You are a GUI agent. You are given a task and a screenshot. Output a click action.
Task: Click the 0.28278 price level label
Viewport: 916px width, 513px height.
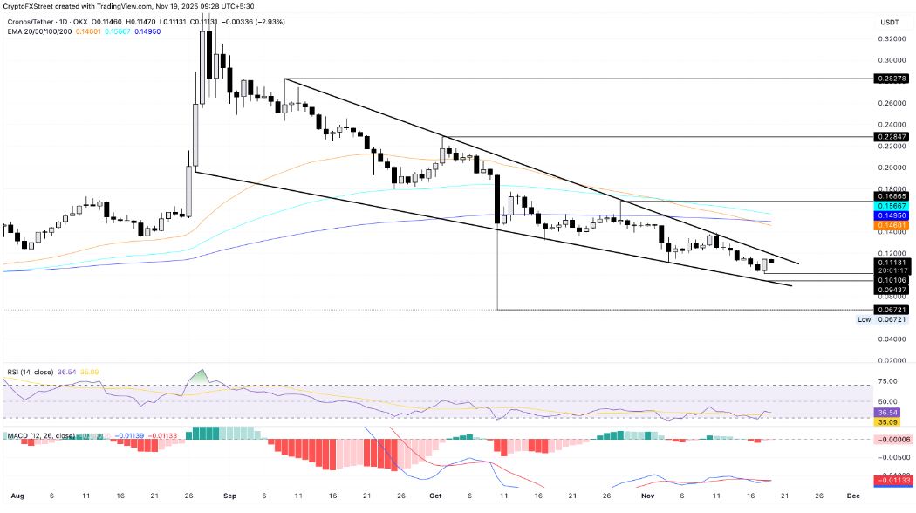891,79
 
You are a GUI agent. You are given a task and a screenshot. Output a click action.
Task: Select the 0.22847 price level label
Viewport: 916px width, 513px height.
891,137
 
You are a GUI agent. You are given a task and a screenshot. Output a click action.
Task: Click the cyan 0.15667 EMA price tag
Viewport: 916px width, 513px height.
891,206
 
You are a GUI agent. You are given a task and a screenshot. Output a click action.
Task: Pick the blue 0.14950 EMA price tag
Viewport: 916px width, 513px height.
891,215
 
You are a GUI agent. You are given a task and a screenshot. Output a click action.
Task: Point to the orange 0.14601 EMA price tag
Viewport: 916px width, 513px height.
891,225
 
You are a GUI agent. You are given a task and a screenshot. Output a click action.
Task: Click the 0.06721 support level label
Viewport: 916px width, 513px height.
891,310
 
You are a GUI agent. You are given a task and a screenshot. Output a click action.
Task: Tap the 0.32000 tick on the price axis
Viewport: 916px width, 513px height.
890,39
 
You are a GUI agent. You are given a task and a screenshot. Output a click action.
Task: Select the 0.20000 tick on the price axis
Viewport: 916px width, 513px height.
890,168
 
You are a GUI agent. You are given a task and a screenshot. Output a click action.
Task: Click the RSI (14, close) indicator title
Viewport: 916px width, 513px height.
27,370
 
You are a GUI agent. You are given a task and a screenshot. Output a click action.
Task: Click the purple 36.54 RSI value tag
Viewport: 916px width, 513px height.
891,412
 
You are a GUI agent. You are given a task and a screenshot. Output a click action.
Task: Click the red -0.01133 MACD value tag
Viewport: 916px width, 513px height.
891,480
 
